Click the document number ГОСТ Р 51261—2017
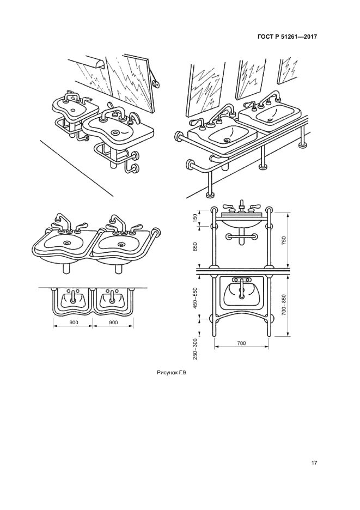tap(287, 37)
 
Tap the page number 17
tap(314, 464)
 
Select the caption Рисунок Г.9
tap(172, 373)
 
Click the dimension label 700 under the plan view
tap(242, 343)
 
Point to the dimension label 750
tap(283, 240)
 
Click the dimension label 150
tap(195, 218)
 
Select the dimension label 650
tap(195, 247)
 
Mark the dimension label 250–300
tap(195, 349)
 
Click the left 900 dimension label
tap(74, 323)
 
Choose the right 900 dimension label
tap(113, 323)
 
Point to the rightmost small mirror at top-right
tap(288, 71)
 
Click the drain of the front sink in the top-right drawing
tap(227, 140)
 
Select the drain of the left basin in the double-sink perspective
tap(68, 242)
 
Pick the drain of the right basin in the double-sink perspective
tap(121, 244)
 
